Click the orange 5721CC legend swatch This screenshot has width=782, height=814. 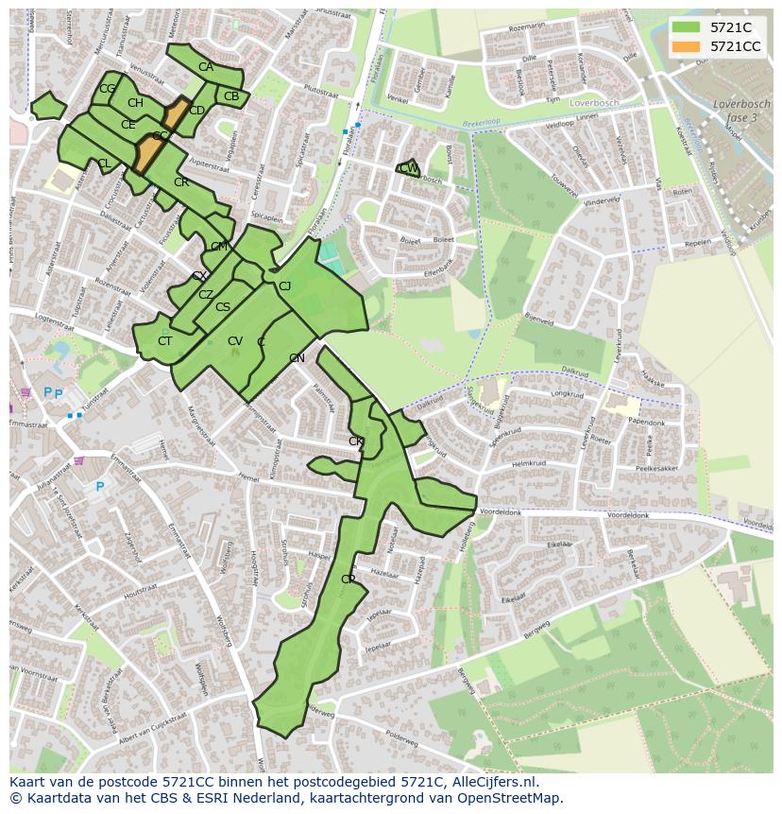click(x=687, y=46)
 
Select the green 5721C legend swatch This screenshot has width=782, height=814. click(x=687, y=27)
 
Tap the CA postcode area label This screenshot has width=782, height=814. click(x=206, y=67)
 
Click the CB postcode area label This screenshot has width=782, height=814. click(x=231, y=96)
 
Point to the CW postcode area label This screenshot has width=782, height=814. click(x=409, y=168)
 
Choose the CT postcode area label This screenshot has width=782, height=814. click(x=165, y=341)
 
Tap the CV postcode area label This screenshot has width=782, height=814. click(x=235, y=341)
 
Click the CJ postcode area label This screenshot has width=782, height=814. click(x=284, y=286)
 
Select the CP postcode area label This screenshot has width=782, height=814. click(x=348, y=579)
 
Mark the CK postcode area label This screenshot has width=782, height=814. click(x=356, y=442)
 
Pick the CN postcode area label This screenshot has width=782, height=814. click(x=297, y=358)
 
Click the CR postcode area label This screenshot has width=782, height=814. click(x=181, y=182)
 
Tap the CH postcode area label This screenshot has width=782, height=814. click(x=135, y=103)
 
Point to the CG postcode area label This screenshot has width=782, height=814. click(x=108, y=89)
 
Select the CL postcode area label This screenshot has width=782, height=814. click(x=104, y=164)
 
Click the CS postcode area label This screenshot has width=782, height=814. click(x=223, y=307)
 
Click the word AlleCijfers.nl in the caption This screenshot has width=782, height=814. click(x=490, y=782)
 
